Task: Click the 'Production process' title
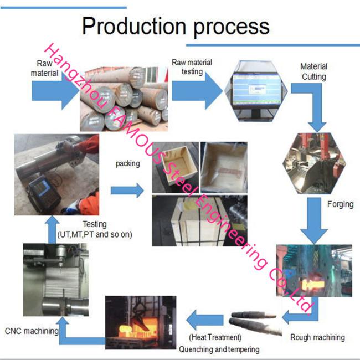point(176,25)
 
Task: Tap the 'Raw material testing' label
point(192,67)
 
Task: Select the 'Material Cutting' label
point(313,71)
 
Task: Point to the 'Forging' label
point(340,204)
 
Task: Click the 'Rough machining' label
point(317,337)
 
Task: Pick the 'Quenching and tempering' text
point(219,349)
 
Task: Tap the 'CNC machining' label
point(32,331)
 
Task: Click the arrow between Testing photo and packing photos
point(127,190)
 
